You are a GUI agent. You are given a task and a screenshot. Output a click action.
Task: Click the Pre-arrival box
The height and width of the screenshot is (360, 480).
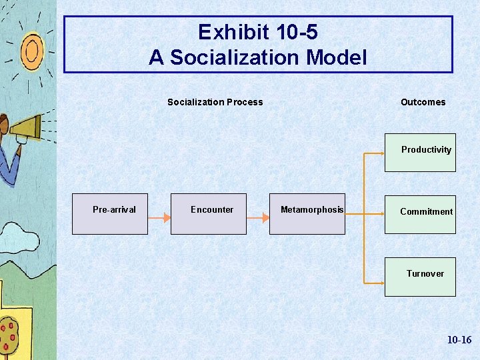tap(110, 214)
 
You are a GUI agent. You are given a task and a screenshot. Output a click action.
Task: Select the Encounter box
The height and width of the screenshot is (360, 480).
tap(208, 214)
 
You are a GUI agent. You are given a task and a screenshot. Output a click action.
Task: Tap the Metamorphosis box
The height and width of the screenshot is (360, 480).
tap(307, 214)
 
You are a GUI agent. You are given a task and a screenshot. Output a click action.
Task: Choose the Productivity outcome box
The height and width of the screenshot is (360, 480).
tap(420, 153)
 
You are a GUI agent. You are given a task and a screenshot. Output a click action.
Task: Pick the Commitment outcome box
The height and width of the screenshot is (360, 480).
tap(420, 214)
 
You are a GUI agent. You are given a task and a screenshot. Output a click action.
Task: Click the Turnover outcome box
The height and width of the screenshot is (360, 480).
tap(420, 277)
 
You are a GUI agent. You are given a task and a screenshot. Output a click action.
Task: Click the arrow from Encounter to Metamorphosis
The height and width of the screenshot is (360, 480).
tap(257, 217)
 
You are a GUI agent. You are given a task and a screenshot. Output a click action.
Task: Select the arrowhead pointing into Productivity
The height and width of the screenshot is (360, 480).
tap(380, 154)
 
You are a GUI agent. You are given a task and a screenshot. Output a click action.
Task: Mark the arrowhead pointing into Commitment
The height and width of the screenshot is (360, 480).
tap(380, 215)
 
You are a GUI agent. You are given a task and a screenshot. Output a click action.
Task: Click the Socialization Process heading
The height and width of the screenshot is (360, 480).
tap(215, 102)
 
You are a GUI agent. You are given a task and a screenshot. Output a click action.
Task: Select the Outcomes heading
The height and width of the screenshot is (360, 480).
tap(423, 102)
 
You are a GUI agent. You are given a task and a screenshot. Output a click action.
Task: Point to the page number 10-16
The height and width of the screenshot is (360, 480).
tap(459, 340)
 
